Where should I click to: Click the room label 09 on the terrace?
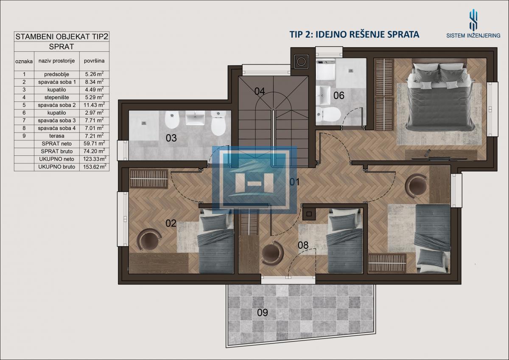(x=263, y=313)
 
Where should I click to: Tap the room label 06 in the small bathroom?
(x=339, y=96)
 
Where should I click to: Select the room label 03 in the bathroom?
(x=171, y=138)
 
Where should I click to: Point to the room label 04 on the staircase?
(x=260, y=91)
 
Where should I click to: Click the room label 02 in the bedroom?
(x=171, y=223)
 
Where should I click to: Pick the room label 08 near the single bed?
(x=303, y=245)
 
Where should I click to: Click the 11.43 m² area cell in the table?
(x=94, y=105)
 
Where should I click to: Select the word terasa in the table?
(x=56, y=136)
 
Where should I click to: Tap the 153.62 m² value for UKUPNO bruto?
(x=95, y=166)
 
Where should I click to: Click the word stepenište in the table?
(x=56, y=97)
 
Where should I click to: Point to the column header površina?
(x=94, y=61)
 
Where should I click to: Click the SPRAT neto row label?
(x=56, y=143)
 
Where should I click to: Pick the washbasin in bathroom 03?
(x=195, y=118)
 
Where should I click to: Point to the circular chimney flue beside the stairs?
(x=301, y=62)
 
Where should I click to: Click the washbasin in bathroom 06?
(x=323, y=95)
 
